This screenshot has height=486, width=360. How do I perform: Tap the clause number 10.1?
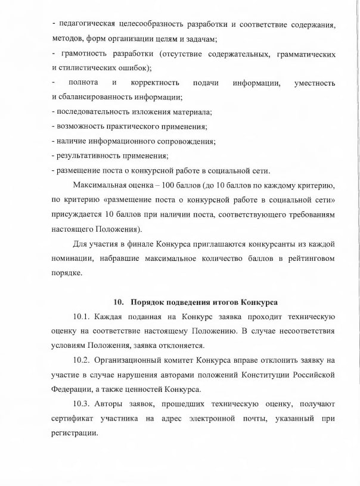coord(81,317)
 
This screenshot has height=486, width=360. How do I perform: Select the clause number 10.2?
coord(81,360)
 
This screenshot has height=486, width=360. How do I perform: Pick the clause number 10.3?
coord(81,403)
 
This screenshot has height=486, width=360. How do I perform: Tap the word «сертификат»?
coord(75,418)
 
